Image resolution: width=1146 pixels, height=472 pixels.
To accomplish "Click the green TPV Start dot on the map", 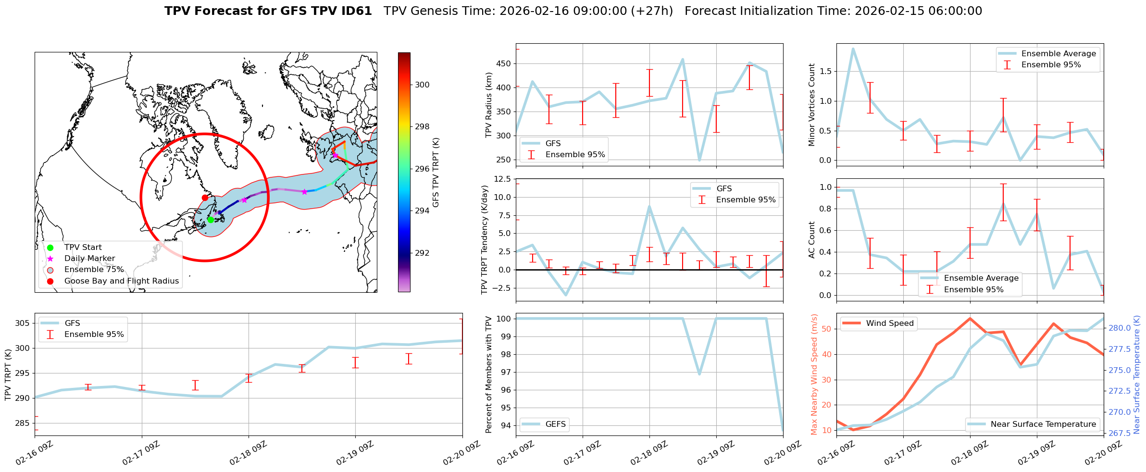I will [x=211, y=220].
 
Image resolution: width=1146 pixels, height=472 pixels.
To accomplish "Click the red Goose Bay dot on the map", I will [x=205, y=198].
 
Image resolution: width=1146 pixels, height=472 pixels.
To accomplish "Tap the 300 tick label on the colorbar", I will [x=422, y=85].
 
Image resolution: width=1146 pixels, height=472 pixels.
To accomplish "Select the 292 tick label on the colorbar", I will [x=422, y=253].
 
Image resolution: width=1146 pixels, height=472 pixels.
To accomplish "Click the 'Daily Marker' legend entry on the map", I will [x=89, y=259].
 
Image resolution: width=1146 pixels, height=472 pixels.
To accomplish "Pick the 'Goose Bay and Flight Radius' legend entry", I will [x=121, y=281].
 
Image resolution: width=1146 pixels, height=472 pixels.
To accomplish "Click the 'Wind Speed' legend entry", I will [x=889, y=323].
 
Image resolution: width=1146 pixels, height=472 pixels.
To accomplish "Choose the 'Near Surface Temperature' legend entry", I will [x=1043, y=424].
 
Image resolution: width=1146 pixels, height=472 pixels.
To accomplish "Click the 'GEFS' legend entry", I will [x=555, y=424].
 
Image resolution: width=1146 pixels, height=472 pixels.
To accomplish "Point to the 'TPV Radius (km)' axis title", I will [x=489, y=105].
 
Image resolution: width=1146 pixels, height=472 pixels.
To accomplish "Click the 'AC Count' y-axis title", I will [x=812, y=240].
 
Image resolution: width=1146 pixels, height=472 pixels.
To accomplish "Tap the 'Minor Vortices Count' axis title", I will [x=812, y=105].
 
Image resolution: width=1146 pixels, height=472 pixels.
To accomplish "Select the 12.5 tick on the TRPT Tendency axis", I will [x=501, y=179].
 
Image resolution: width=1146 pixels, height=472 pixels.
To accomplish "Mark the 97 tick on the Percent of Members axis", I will [x=506, y=372].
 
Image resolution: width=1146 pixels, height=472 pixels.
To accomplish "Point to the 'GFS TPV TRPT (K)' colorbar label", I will [x=436, y=172].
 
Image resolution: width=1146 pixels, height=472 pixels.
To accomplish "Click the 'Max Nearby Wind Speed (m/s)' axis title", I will [x=814, y=374].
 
